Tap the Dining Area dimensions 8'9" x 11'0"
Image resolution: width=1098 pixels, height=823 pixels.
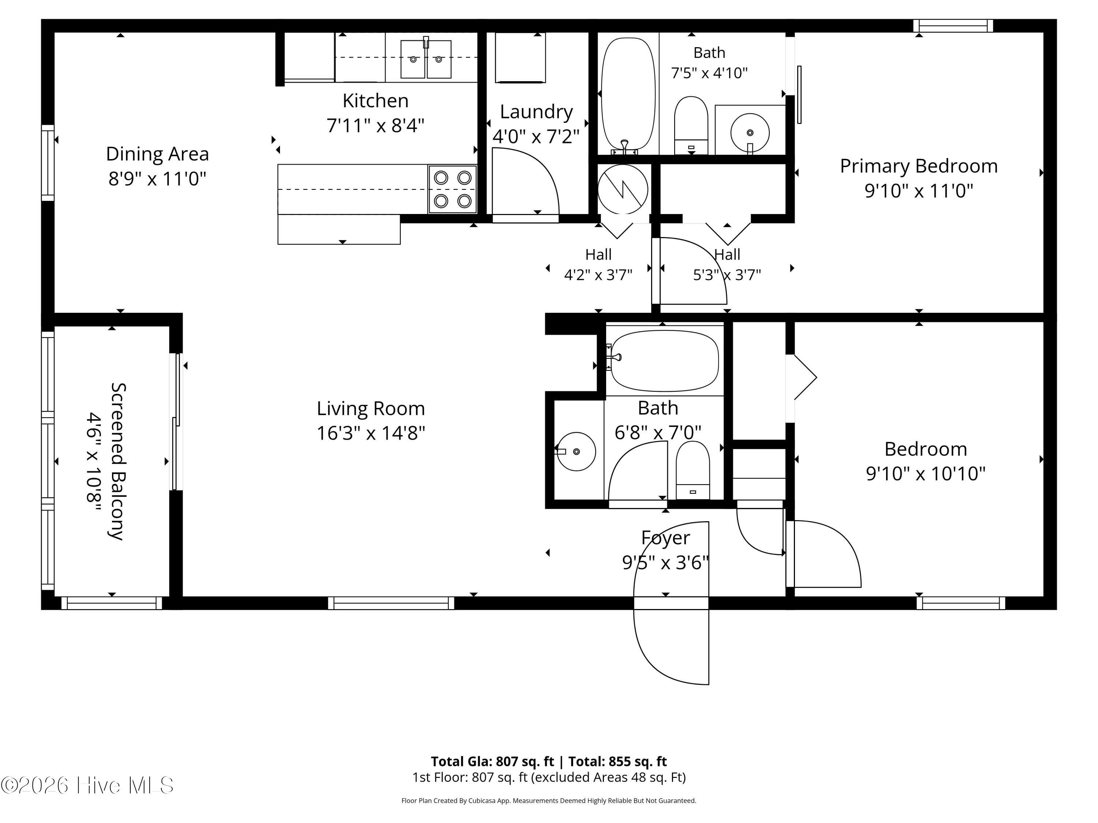coord(157,178)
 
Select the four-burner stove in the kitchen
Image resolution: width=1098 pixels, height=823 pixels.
coord(453,189)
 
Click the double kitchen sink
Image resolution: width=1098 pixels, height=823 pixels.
coord(426,59)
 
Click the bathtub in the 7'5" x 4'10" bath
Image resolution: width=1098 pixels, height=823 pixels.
coord(628,94)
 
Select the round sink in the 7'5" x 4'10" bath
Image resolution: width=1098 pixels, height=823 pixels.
coord(750,133)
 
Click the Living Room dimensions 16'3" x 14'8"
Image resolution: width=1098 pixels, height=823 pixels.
coord(371,433)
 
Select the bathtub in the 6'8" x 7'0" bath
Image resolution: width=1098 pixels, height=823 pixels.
coord(665,361)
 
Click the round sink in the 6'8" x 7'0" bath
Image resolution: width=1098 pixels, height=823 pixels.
coord(576,451)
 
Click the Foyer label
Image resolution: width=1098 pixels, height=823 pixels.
coord(665,538)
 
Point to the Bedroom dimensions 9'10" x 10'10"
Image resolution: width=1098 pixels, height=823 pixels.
coord(926,474)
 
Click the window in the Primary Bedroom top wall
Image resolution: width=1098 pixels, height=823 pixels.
coord(953,26)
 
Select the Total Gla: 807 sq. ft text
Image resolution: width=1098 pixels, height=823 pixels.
coord(492,762)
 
